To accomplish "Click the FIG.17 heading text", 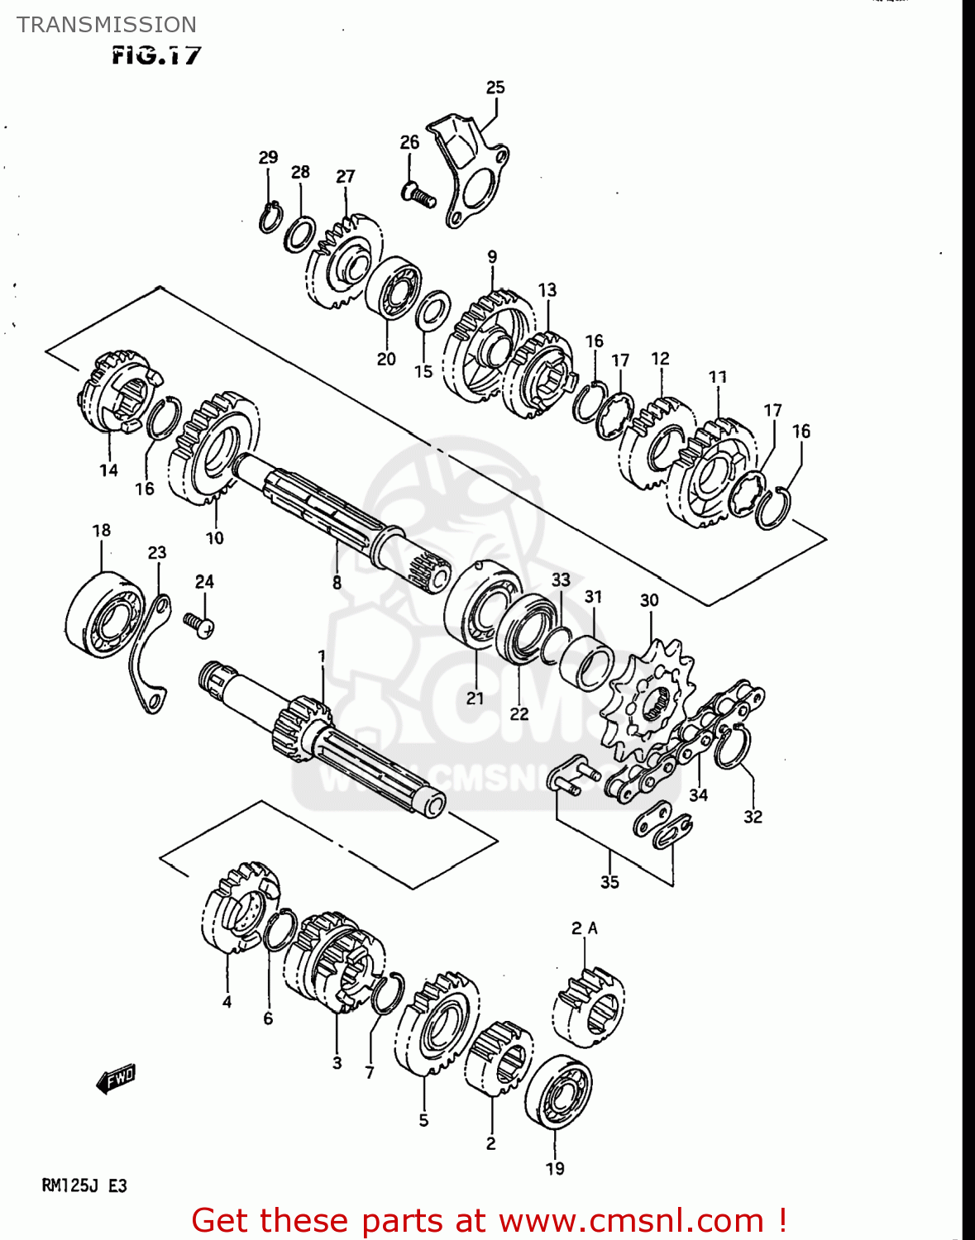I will [156, 56].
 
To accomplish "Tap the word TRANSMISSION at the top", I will [107, 25].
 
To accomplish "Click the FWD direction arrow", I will [115, 1079].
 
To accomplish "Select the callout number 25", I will [495, 88].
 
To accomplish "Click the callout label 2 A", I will [584, 928].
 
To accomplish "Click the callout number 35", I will [609, 882].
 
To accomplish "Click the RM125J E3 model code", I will [84, 1186].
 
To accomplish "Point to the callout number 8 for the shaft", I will [337, 583].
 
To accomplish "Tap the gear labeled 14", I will [118, 393].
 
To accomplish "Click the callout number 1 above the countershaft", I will [322, 656].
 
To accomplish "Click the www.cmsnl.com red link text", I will [631, 1220].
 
